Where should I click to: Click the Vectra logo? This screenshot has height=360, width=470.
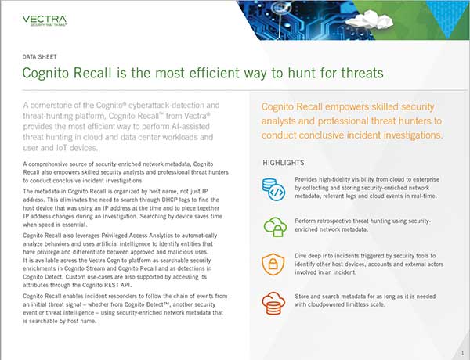point(45,20)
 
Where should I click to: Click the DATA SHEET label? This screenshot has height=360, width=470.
point(40,56)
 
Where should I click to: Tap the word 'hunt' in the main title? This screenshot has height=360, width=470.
point(300,73)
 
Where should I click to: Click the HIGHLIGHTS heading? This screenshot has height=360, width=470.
point(284,163)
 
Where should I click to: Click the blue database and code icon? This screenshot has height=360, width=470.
point(273,189)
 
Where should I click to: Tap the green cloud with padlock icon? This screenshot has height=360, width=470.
point(275,227)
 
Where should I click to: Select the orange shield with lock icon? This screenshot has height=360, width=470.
point(273,264)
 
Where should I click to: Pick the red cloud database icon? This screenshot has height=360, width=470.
point(273,303)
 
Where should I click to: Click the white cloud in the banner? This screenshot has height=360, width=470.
point(369,19)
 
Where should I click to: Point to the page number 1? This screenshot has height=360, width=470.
point(462,353)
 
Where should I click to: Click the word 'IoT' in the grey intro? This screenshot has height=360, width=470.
point(63,148)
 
